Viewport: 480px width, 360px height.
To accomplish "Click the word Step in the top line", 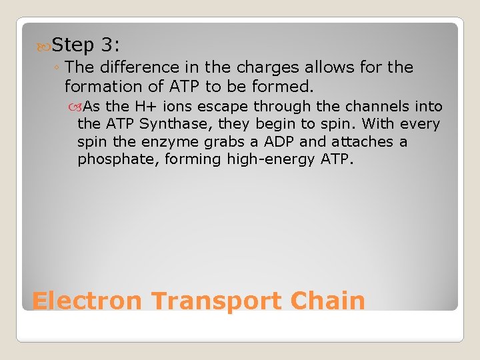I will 73,45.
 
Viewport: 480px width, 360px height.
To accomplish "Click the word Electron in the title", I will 87,301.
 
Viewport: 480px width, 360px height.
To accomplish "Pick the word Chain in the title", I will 328,301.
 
